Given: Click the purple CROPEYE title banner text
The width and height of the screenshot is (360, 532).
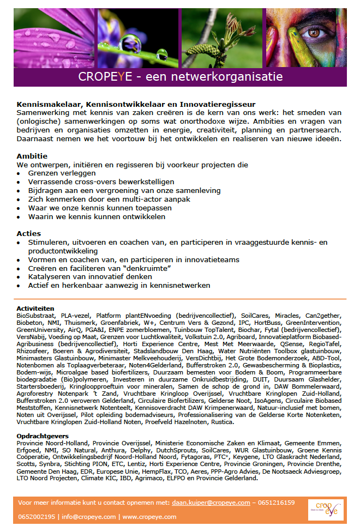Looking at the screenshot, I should coord(180,76).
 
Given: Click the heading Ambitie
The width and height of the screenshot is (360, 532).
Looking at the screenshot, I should coord(32,156).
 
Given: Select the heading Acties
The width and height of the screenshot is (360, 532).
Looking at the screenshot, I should coord(29,233).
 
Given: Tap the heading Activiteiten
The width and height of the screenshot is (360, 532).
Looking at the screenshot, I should coord(35,309).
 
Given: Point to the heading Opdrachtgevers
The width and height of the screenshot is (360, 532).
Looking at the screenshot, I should coord(43,436).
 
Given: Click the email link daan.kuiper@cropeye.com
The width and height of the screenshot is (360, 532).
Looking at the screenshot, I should coord(211,503).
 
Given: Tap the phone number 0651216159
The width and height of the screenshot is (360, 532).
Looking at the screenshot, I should coord(276,503).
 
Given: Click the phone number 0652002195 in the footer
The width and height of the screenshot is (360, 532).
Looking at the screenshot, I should coord(37,517).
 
